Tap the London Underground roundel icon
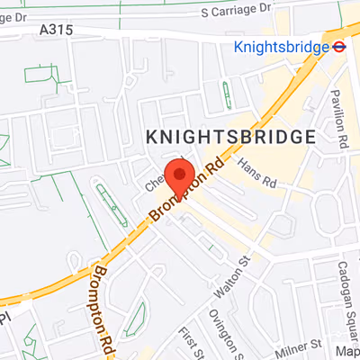click(x=339, y=47)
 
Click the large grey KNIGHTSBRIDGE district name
click(x=230, y=137)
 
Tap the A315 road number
click(x=56, y=30)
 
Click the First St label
click(x=188, y=340)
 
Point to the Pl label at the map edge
click(x=4, y=318)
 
